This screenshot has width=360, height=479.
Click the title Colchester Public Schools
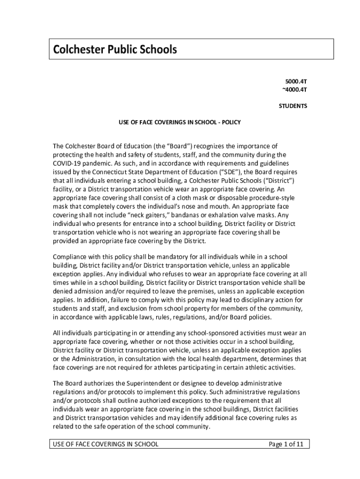(115, 50)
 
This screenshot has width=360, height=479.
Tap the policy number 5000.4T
(296, 80)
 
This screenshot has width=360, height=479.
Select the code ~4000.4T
(295, 89)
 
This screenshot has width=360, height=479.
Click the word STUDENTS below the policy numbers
(293, 106)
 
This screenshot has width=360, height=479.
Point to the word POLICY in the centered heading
(231, 123)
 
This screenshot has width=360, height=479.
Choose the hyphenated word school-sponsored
(206, 333)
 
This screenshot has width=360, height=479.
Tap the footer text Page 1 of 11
(286, 444)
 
